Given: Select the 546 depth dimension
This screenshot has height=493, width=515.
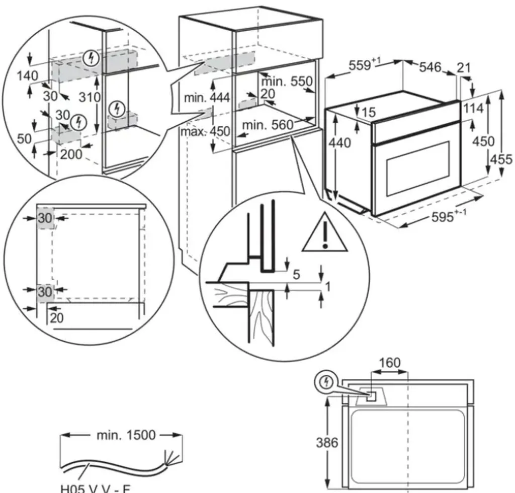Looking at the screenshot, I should (x=430, y=67).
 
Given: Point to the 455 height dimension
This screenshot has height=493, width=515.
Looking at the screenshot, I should (x=501, y=159).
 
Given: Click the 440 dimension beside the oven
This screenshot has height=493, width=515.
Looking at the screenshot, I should (x=340, y=143).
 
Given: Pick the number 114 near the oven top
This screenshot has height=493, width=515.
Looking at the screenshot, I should (x=473, y=108).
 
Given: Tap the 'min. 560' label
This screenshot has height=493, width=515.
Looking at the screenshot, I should (x=267, y=125).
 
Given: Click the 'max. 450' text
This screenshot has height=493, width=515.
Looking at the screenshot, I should (x=207, y=132).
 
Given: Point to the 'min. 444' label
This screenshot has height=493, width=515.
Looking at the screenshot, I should (x=206, y=98).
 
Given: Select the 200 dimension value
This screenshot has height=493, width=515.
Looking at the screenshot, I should (x=71, y=154).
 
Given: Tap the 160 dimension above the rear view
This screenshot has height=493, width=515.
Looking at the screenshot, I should (x=390, y=363).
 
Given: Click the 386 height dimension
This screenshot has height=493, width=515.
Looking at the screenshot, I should (x=327, y=443).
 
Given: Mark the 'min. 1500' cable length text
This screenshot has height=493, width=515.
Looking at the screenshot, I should (x=126, y=435).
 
